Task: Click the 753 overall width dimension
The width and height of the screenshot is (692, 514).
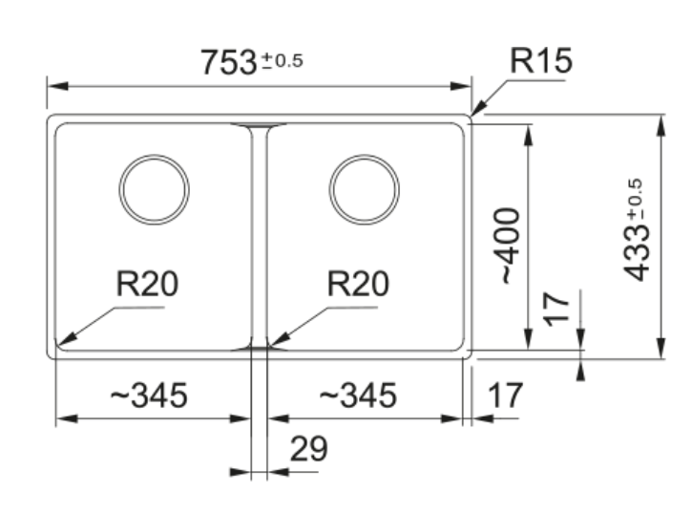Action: [229, 62]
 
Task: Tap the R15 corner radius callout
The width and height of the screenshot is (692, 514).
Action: [541, 61]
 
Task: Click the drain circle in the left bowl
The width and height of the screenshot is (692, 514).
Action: [154, 188]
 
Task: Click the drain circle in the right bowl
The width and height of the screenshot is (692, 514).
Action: [364, 188]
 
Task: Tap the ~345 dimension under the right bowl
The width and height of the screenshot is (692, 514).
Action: [357, 395]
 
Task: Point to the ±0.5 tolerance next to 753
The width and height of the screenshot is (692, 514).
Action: [282, 61]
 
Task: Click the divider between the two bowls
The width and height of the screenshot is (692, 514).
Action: [259, 234]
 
